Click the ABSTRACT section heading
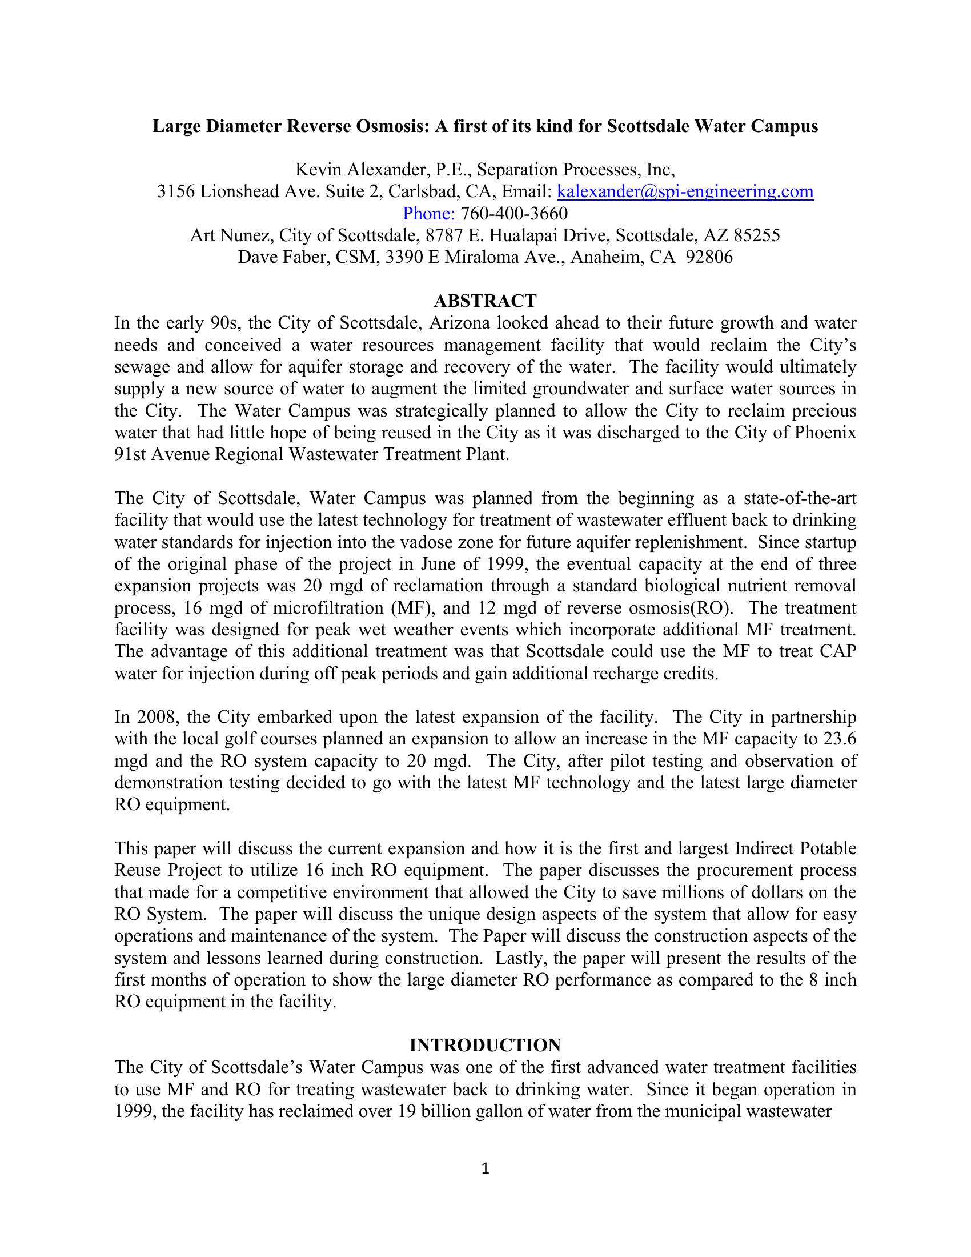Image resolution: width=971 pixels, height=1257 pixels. (x=485, y=301)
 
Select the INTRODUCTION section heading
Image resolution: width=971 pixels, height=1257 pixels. (x=485, y=1044)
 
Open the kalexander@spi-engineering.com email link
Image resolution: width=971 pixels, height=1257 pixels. (x=685, y=191)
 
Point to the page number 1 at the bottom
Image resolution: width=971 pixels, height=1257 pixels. (x=485, y=1168)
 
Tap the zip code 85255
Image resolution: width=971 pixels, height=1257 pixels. (x=757, y=235)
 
